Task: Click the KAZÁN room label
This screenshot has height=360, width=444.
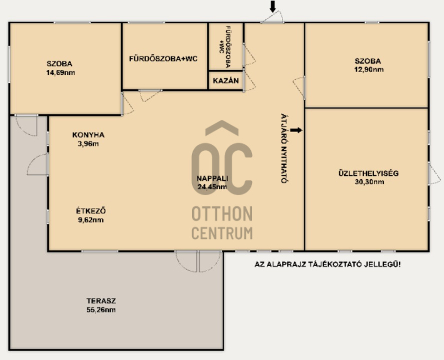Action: [226, 80]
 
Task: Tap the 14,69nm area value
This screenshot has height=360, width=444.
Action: [60, 73]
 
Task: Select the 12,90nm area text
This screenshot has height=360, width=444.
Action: [369, 70]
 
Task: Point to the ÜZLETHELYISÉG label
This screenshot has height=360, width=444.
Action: [369, 173]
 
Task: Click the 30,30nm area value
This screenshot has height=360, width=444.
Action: [370, 182]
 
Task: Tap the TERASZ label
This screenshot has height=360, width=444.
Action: [102, 301]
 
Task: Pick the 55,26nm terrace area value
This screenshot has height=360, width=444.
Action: [101, 310]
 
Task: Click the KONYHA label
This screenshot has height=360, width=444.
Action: [88, 135]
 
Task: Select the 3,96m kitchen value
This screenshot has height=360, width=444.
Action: [88, 144]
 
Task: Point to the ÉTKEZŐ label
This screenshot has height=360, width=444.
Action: [91, 211]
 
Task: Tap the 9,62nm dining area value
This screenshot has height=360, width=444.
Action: [91, 220]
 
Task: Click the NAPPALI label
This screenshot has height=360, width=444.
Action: [213, 178]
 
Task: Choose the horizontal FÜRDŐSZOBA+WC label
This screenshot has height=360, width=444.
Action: [163, 59]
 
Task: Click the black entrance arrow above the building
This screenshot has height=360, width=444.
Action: [273, 7]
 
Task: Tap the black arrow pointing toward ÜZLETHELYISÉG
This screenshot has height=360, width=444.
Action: [296, 130]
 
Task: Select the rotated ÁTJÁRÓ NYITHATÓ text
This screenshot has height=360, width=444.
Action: [285, 148]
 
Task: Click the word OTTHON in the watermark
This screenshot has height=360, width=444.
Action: [222, 214]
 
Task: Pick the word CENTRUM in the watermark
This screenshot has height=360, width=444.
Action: [222, 233]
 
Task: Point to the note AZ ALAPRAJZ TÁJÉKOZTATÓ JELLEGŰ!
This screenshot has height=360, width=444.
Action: [327, 265]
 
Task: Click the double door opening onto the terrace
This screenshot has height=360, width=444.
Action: [198, 261]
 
